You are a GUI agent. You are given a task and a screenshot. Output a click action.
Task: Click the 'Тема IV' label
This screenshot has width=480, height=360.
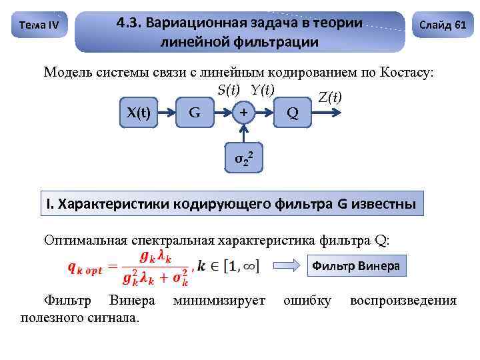39,25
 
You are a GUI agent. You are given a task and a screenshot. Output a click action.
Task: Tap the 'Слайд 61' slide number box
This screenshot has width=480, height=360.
442,25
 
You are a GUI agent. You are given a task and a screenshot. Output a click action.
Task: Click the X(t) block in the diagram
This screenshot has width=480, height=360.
138,112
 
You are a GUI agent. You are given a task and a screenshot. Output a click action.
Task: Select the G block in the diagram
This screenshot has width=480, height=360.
194,112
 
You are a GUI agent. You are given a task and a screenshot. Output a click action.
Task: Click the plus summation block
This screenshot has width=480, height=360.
243,112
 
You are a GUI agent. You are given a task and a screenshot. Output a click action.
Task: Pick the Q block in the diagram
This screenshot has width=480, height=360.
292,112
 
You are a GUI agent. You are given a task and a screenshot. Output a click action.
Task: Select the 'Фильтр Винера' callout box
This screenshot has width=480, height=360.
356,266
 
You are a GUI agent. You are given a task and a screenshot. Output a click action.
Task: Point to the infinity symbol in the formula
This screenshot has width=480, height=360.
250,267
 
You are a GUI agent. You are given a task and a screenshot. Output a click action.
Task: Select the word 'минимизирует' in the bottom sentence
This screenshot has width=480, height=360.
219,301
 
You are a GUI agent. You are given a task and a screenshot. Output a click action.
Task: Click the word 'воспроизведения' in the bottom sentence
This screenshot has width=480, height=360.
403,301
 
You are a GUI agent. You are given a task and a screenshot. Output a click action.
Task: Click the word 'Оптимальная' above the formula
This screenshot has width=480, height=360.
85,239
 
